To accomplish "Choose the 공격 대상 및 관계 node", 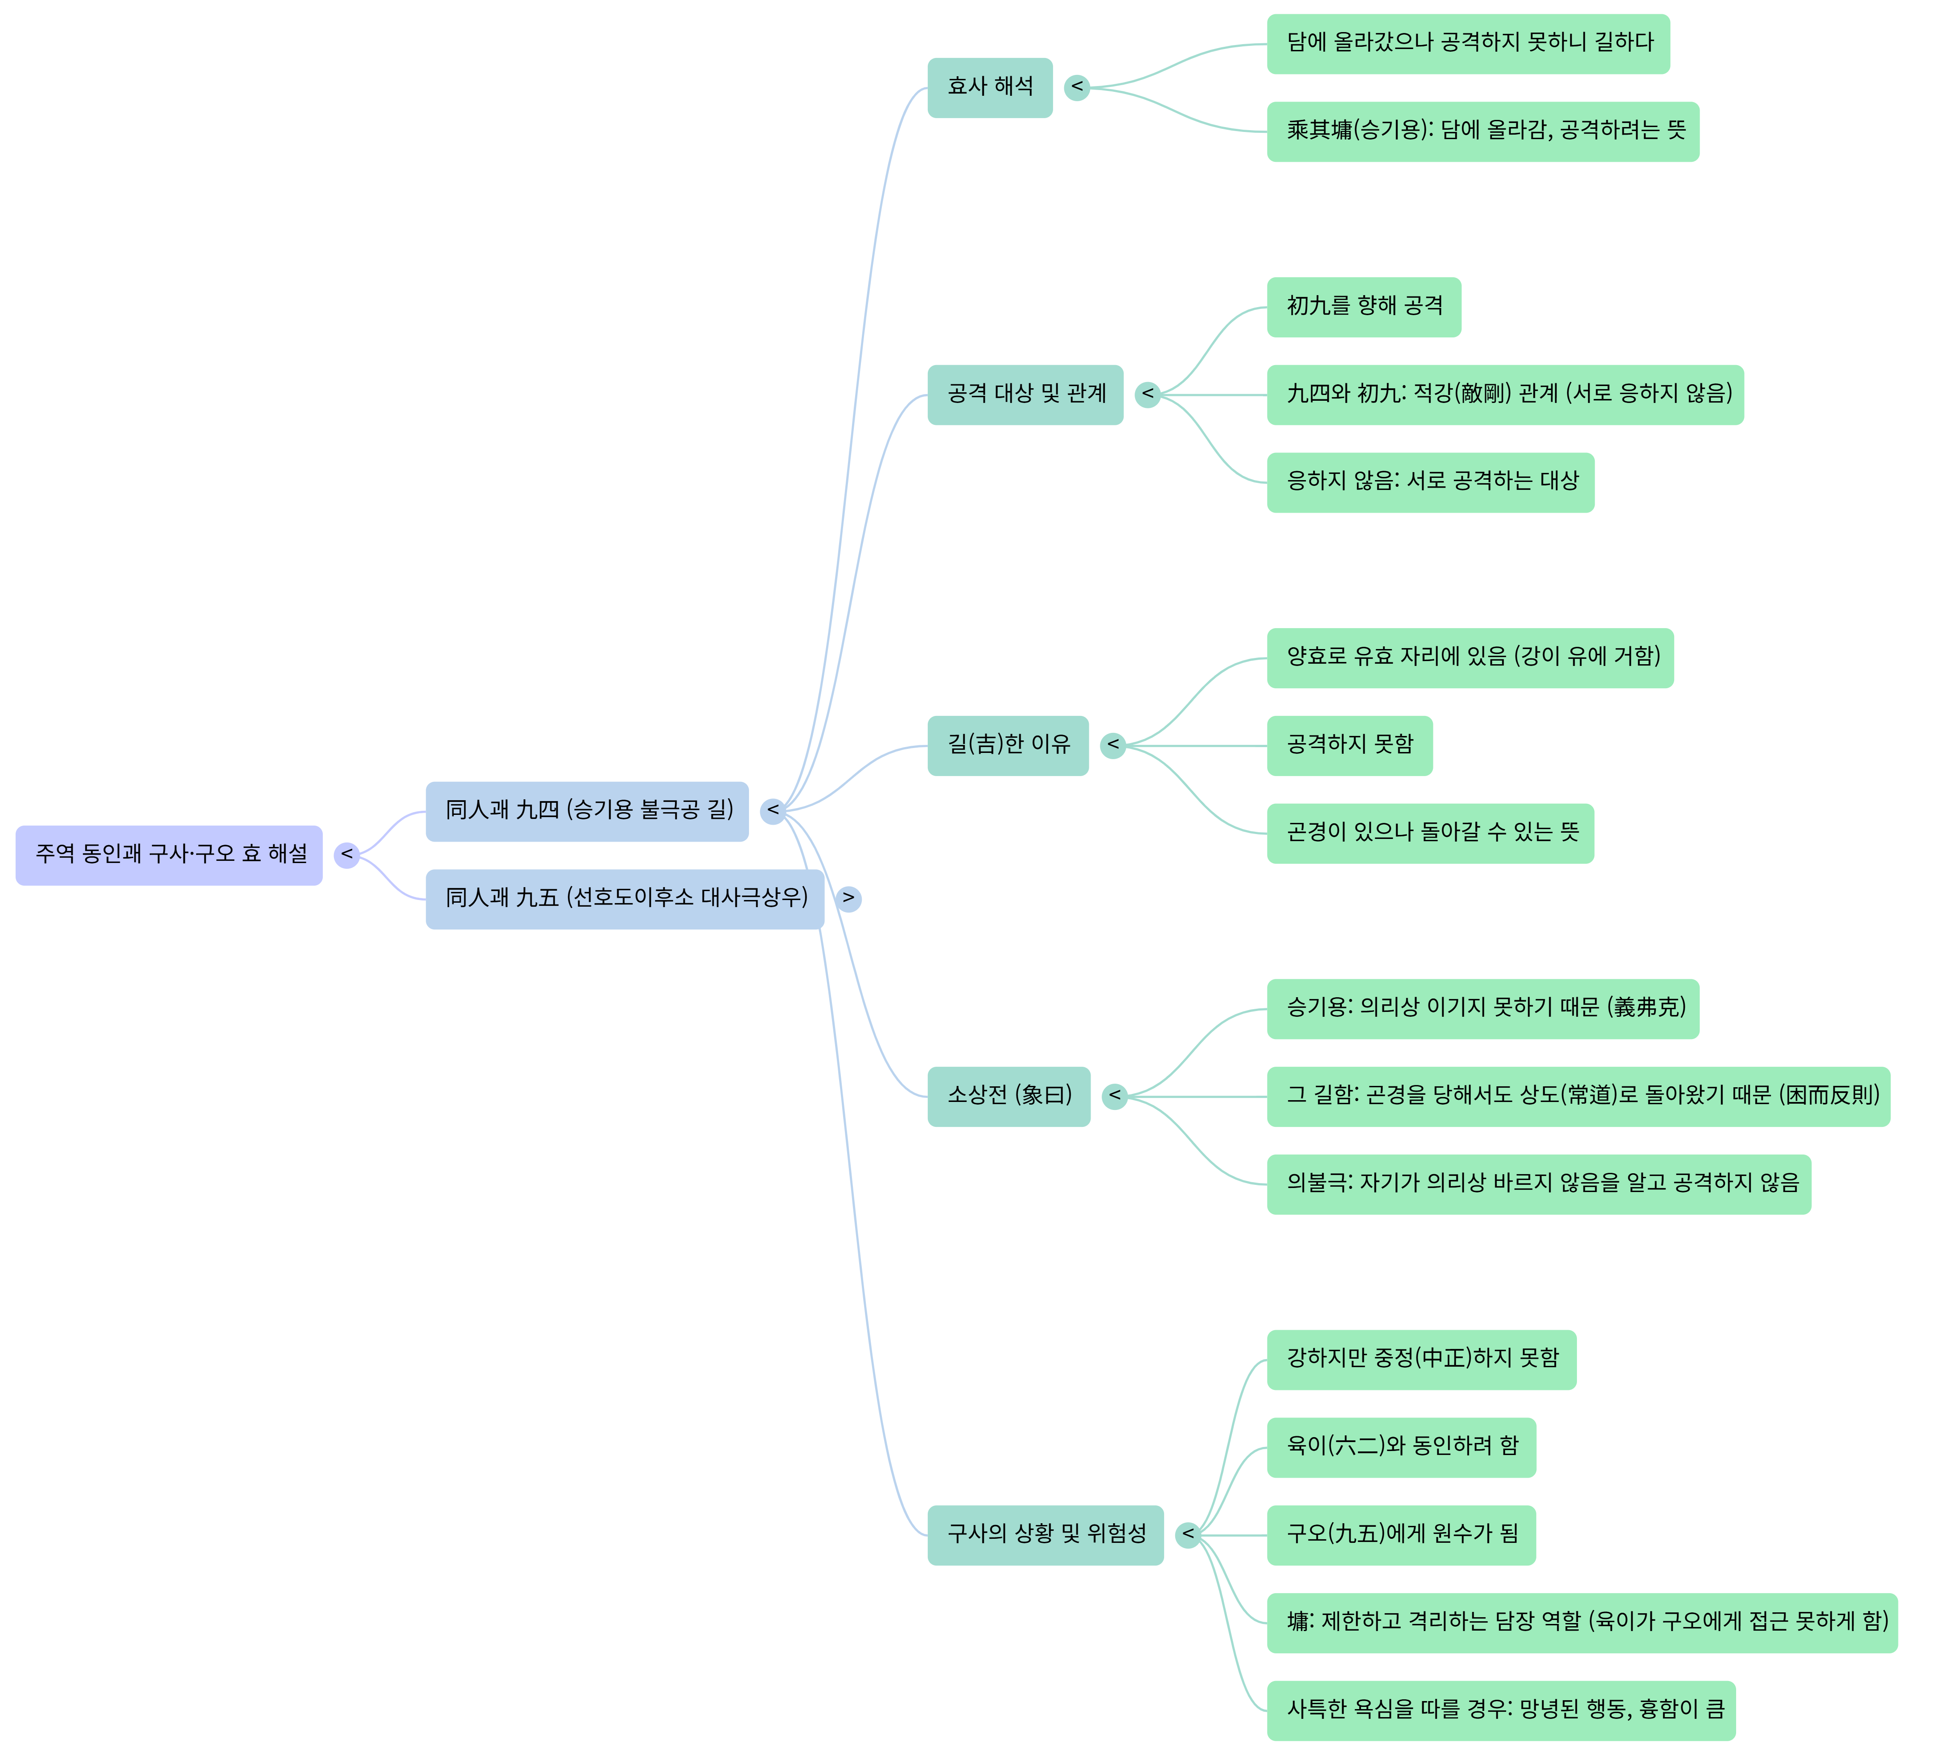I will (1025, 395).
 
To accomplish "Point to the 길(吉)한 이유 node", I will (1008, 745).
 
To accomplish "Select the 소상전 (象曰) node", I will (1009, 1097).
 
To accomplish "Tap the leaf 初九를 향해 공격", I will (1364, 307).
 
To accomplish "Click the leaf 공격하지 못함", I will (1349, 745).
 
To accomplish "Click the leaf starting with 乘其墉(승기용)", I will (1482, 131).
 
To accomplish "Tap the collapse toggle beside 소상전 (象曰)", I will (1115, 1097).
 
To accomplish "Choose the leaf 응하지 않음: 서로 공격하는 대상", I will (1430, 482).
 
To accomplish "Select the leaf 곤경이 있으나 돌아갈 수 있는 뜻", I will (1430, 833).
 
